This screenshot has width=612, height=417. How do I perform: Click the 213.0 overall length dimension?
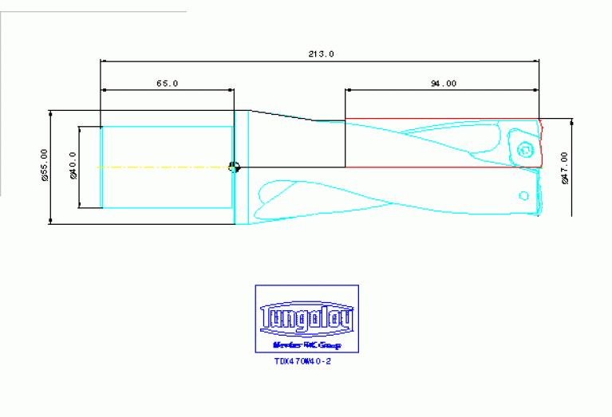321,54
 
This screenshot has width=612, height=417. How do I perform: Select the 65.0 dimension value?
167,83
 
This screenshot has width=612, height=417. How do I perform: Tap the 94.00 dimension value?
444,83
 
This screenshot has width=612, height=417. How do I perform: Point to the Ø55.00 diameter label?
45,166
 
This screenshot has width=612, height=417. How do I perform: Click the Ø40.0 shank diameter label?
73,166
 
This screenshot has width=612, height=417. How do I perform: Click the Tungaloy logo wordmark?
306,320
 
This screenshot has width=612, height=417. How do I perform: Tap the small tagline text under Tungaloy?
306,345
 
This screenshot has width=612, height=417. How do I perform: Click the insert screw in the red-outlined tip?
524,149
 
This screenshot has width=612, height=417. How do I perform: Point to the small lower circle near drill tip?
524,195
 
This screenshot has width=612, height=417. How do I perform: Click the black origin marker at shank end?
234,167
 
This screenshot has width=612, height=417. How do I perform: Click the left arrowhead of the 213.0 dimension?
103,61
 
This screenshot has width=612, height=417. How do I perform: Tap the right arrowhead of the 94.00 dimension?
536,89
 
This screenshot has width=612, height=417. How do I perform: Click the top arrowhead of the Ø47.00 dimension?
572,122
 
